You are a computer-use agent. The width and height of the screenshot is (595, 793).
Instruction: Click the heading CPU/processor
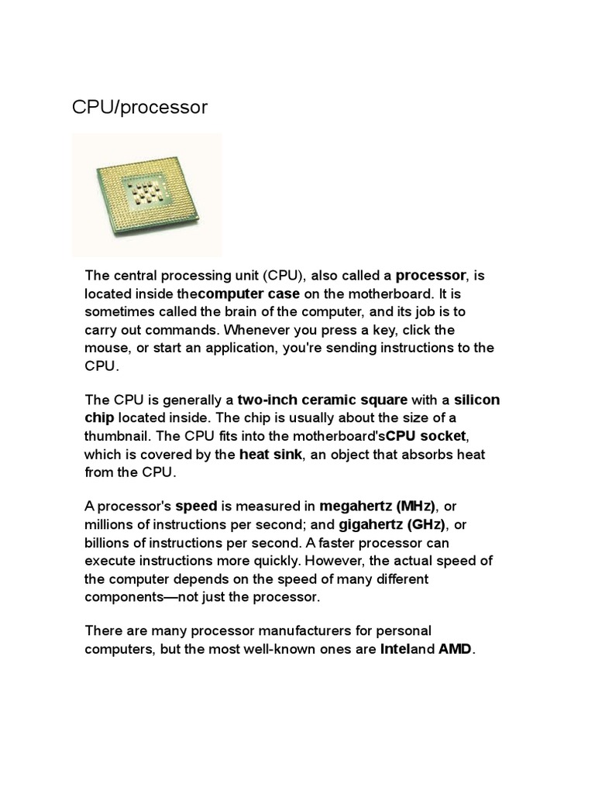pyautogui.click(x=139, y=107)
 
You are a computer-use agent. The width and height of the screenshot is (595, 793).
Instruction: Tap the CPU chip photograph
pyautogui.click(x=147, y=194)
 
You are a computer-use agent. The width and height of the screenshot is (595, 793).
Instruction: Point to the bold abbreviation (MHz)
pyautogui.click(x=416, y=506)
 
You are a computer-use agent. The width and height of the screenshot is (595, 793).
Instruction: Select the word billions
pyautogui.click(x=108, y=543)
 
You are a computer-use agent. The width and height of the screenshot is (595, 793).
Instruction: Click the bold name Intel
pyautogui.click(x=394, y=649)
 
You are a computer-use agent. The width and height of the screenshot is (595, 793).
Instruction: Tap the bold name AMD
pyautogui.click(x=455, y=649)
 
